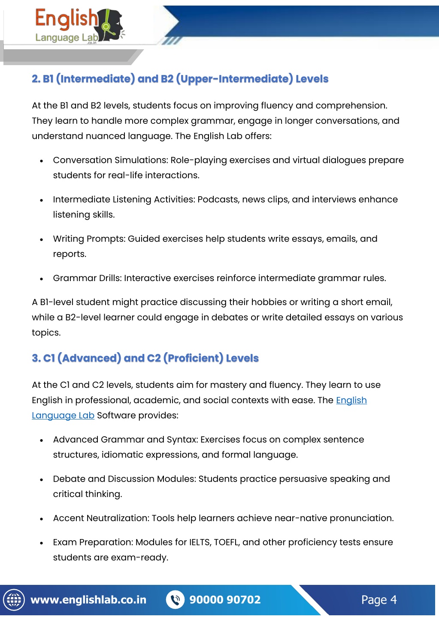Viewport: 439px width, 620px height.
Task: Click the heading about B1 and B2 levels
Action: [x=180, y=79]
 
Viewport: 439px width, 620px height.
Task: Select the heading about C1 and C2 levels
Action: [x=145, y=358]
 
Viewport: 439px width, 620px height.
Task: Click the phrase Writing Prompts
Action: [x=89, y=239]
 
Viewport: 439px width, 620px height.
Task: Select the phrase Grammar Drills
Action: [x=87, y=279]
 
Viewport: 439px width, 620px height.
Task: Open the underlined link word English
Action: [x=351, y=401]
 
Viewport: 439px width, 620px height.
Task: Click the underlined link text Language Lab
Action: [x=63, y=416]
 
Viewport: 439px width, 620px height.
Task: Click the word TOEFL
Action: [x=226, y=542]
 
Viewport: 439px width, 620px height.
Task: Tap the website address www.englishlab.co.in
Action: [x=88, y=600]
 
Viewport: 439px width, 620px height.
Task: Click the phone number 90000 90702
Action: [x=225, y=600]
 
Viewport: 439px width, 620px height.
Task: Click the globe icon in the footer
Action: [x=14, y=600]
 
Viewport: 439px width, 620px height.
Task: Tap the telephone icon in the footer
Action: [x=175, y=600]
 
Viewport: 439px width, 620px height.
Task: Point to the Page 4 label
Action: [x=378, y=600]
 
